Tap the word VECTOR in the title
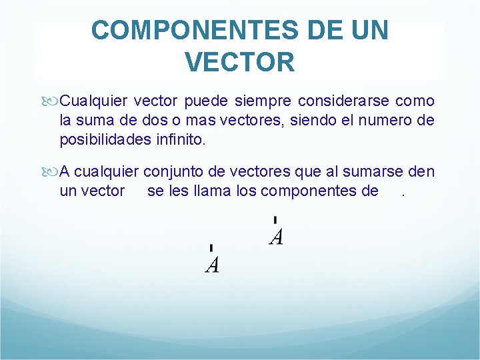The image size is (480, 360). tap(239, 62)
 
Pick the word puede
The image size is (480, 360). tap(206, 101)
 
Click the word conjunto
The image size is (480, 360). tap(171, 172)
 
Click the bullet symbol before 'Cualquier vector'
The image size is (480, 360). tap(52, 101)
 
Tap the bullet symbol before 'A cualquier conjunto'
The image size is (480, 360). tap(52, 172)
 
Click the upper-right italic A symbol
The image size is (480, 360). tap(276, 235)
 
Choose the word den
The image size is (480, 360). tap(421, 172)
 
